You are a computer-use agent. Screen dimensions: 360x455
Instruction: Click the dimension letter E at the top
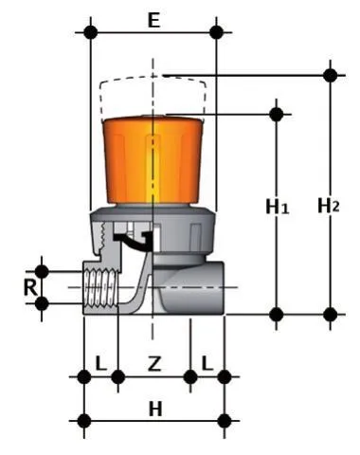(153, 21)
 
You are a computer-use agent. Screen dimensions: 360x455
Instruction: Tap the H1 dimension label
(278, 208)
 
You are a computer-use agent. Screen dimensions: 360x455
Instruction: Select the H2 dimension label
(329, 206)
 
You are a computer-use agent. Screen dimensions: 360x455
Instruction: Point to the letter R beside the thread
(30, 287)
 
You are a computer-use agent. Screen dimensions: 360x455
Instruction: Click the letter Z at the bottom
(154, 363)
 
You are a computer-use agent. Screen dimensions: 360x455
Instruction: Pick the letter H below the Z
(155, 409)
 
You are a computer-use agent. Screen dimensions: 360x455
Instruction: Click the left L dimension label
(100, 363)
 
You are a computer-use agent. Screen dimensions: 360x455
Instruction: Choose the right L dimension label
(207, 363)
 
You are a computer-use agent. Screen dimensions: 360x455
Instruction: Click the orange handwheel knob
(153, 160)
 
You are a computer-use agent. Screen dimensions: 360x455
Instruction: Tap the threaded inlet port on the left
(100, 287)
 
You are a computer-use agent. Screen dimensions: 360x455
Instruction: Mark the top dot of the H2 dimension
(331, 76)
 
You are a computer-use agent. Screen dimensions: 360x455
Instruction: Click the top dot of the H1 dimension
(277, 115)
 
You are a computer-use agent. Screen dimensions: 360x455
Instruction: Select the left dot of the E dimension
(91, 32)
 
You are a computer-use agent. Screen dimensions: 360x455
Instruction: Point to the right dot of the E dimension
(216, 32)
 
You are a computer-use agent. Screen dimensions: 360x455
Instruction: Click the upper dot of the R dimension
(42, 272)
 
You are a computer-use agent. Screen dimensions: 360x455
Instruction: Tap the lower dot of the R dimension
(42, 304)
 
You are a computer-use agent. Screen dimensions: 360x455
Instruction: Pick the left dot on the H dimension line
(84, 421)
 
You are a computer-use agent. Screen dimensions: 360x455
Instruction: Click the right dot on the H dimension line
(225, 421)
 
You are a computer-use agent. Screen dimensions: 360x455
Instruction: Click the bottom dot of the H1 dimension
(277, 315)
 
